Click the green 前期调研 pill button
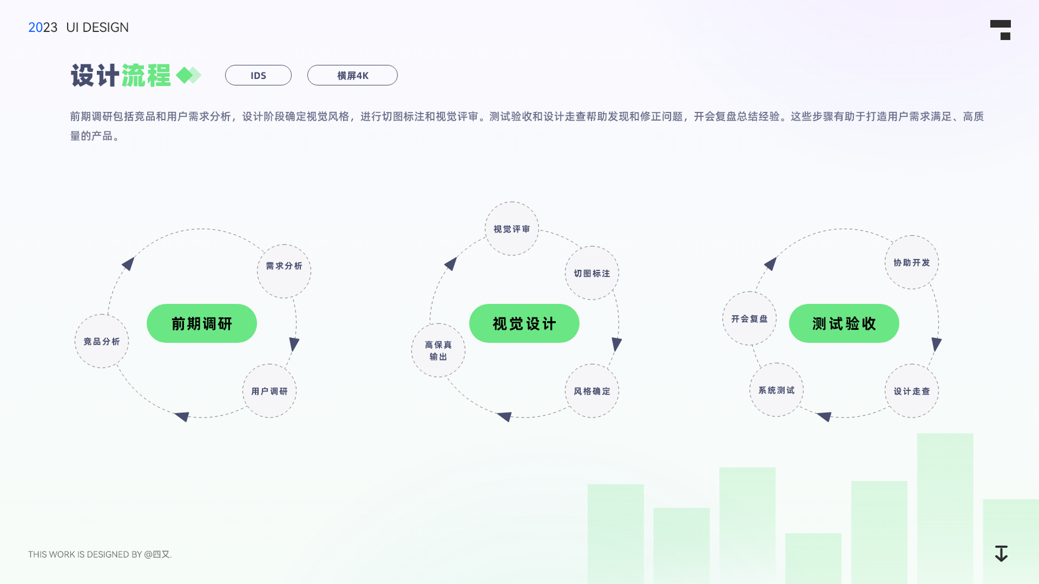(x=201, y=323)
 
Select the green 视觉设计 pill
(x=524, y=323)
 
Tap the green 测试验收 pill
(x=844, y=323)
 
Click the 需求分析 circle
(x=284, y=271)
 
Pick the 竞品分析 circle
(x=102, y=341)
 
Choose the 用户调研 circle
(x=269, y=391)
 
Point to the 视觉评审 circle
(x=511, y=229)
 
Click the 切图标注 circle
(x=592, y=273)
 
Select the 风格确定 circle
(x=592, y=391)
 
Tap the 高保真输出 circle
(x=438, y=350)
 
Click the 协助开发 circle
(x=912, y=262)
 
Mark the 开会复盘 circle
(x=749, y=318)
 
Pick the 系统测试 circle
(x=777, y=390)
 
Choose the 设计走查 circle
(x=912, y=391)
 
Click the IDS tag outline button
(x=258, y=75)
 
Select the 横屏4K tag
(x=352, y=75)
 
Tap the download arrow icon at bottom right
(x=1001, y=554)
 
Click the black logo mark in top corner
(x=1001, y=30)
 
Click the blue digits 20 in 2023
(x=35, y=28)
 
